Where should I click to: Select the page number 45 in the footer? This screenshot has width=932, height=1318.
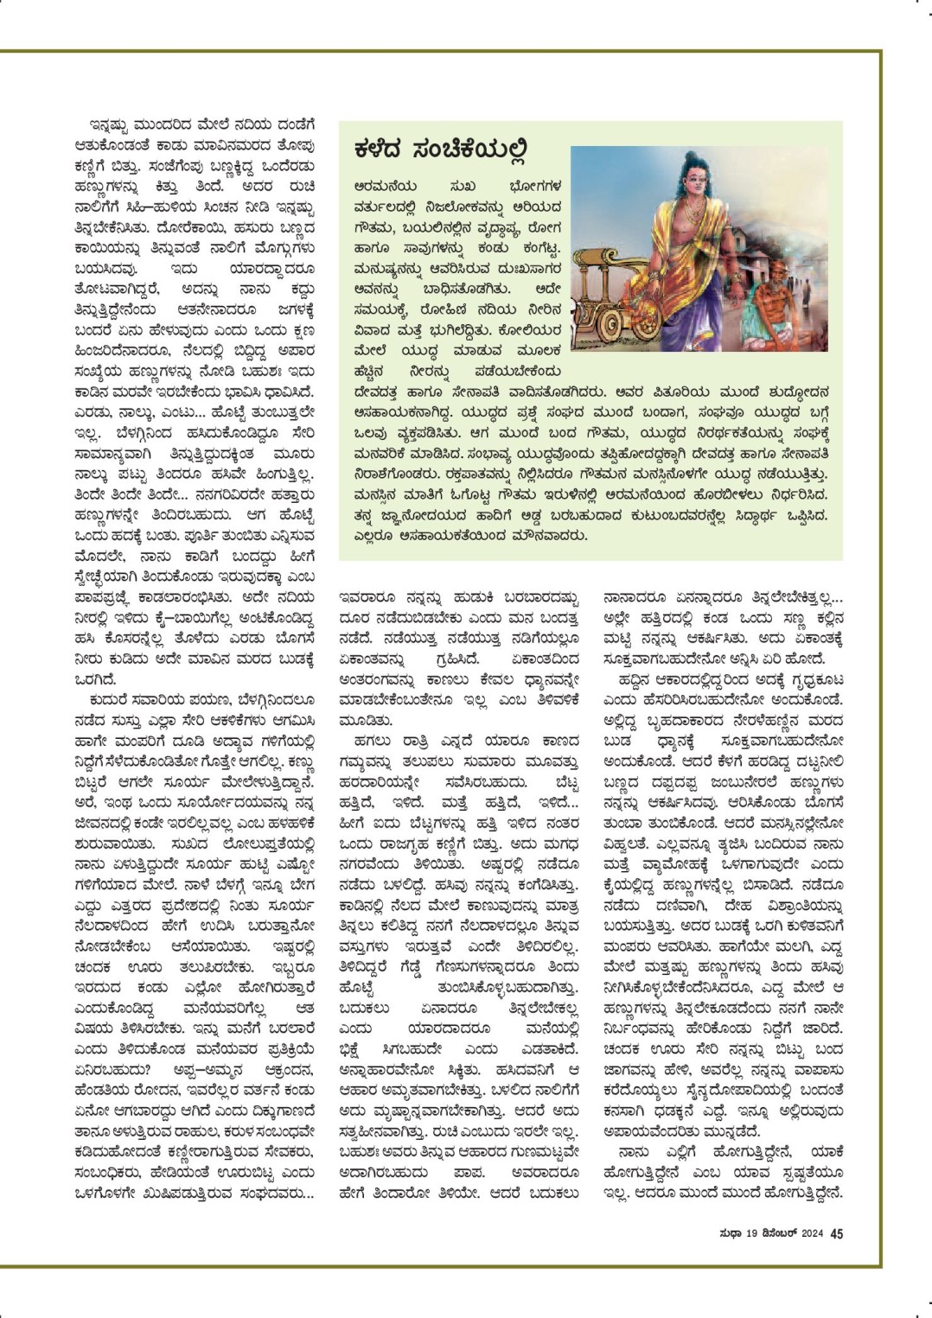(837, 1233)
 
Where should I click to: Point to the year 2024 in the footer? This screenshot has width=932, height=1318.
(809, 1233)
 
